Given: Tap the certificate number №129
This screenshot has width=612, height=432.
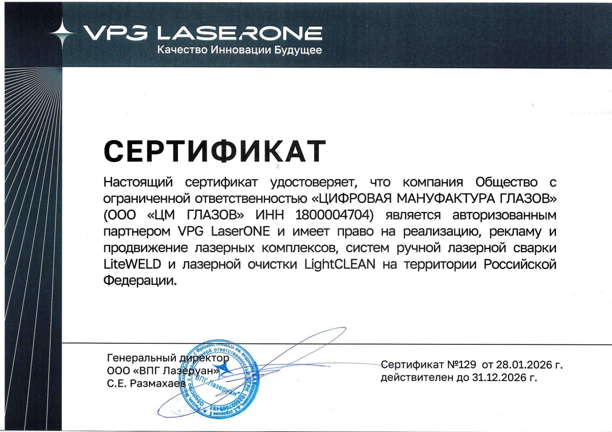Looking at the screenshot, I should [461, 365].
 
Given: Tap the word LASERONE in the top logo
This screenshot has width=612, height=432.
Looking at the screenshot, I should [239, 33].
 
